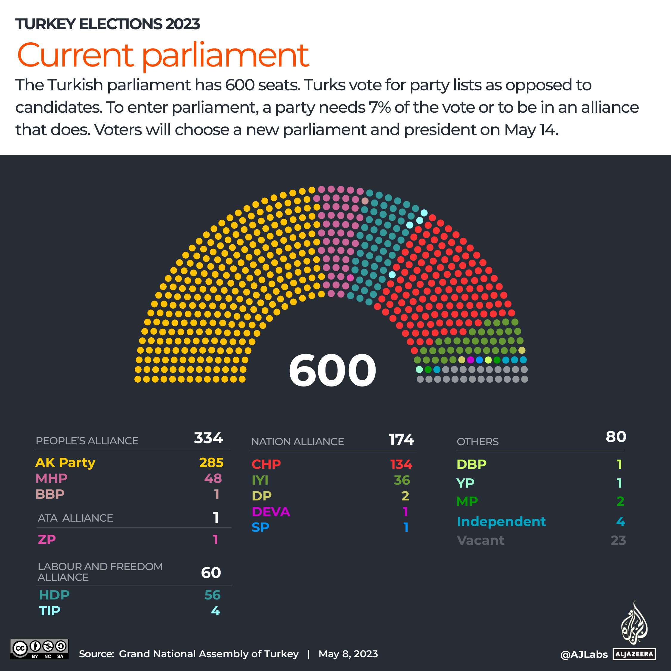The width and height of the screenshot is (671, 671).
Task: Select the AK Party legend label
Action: coord(65,463)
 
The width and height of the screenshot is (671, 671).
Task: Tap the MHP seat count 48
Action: coord(213,478)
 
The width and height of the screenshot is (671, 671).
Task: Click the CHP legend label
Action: coord(266,464)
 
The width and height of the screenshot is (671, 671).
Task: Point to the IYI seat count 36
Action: coord(402,480)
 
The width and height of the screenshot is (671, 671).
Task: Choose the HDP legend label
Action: coord(54,595)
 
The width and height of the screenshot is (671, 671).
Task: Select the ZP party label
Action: coord(47,539)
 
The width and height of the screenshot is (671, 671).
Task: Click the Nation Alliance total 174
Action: coord(401,440)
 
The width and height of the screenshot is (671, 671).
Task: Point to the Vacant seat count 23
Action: coord(618,540)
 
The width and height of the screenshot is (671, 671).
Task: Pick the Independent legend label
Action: coord(501,522)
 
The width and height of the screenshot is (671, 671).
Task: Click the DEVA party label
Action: coord(271,511)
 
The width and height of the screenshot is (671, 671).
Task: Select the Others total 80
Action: coord(616,437)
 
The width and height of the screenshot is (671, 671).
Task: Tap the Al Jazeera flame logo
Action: coord(634,622)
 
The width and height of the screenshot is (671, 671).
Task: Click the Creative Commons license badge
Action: coord(39,649)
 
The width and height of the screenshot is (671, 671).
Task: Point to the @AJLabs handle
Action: coord(584,655)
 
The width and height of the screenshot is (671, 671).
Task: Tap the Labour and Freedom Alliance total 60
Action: coord(211,573)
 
